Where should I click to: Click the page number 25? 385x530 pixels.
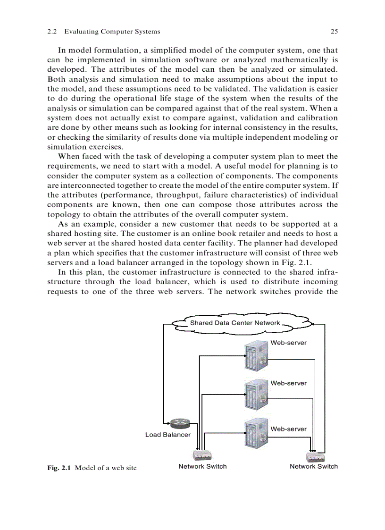(x=334, y=32)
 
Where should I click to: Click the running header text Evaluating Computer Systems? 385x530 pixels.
(x=112, y=32)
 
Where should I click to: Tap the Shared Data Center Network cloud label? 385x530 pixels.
(x=235, y=323)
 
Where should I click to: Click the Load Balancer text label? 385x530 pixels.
(x=167, y=435)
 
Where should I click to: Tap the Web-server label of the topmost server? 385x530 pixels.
(x=288, y=343)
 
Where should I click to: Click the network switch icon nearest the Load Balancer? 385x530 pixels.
(x=202, y=455)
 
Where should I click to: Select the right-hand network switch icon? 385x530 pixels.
(x=314, y=457)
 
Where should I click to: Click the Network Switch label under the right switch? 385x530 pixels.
(x=314, y=466)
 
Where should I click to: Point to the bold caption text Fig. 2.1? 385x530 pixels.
(x=59, y=468)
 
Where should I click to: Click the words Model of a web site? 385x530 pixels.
(x=106, y=468)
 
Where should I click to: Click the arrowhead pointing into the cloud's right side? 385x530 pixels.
(x=314, y=324)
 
